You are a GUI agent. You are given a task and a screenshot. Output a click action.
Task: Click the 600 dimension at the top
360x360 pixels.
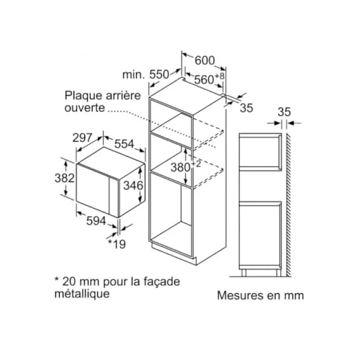[x=204, y=60]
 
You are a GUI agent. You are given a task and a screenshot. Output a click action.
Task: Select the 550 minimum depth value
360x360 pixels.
[x=159, y=74]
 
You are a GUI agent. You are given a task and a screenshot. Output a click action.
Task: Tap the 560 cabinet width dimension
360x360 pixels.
[x=204, y=79]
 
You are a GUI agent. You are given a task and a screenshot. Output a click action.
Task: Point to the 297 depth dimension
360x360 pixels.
[x=82, y=138]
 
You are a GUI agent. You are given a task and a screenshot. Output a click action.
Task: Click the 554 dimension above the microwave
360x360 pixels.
[x=125, y=144]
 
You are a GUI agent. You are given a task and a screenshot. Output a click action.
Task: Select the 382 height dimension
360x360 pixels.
[x=65, y=179]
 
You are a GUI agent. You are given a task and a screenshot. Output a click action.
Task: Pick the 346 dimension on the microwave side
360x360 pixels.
[x=133, y=185]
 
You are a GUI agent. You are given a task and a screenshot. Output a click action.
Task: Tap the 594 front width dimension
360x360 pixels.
[x=96, y=220]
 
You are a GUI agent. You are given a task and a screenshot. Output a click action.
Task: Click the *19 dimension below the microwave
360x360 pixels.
[x=117, y=244]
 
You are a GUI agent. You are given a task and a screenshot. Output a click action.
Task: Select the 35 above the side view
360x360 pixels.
[x=284, y=112]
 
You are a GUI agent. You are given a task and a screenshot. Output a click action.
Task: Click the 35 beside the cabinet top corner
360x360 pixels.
[x=246, y=108]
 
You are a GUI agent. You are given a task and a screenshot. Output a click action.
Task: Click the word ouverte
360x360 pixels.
[x=85, y=108]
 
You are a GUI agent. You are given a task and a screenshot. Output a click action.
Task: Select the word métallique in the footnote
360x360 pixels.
[x=82, y=294]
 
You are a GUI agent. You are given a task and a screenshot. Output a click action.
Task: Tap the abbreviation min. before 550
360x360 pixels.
[x=134, y=75]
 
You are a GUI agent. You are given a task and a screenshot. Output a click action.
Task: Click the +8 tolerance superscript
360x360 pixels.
[x=220, y=76]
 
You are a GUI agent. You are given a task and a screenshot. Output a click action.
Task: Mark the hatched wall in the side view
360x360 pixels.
[x=289, y=204]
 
